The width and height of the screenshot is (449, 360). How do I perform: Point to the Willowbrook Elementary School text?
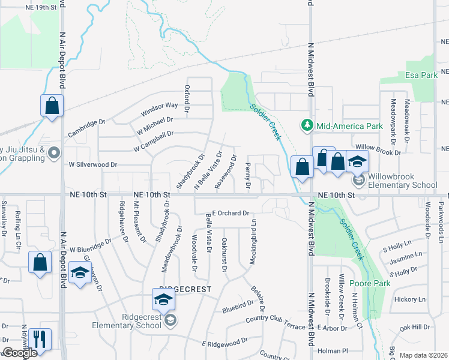click(x=402, y=181)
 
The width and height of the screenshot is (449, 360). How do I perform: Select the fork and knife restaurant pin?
click(x=40, y=339)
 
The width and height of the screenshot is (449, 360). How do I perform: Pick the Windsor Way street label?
click(x=160, y=109)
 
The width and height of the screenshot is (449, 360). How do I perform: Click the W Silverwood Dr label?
click(x=93, y=164)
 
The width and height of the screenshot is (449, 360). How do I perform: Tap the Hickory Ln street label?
click(x=410, y=299)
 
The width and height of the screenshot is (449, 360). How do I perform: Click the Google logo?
click(x=19, y=353)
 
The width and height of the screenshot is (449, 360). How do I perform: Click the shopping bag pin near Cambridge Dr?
click(x=52, y=107)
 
